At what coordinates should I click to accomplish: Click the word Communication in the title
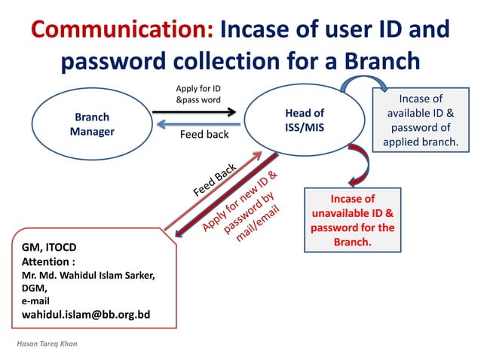click(x=123, y=30)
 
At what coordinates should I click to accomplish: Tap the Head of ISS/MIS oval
click(x=304, y=121)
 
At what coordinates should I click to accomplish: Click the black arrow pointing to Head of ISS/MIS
click(x=195, y=114)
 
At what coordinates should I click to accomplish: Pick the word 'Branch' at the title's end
click(x=375, y=62)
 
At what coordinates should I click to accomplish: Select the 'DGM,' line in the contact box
click(x=35, y=288)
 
